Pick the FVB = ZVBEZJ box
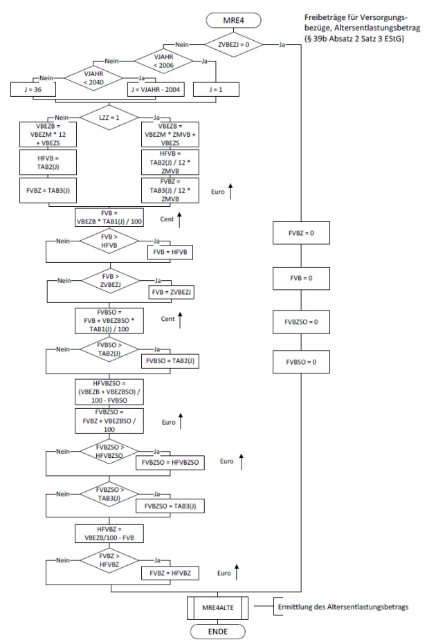coord(170,293)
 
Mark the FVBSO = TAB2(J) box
coord(170,362)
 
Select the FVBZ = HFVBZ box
coord(170,573)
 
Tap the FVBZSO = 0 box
coord(301,323)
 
